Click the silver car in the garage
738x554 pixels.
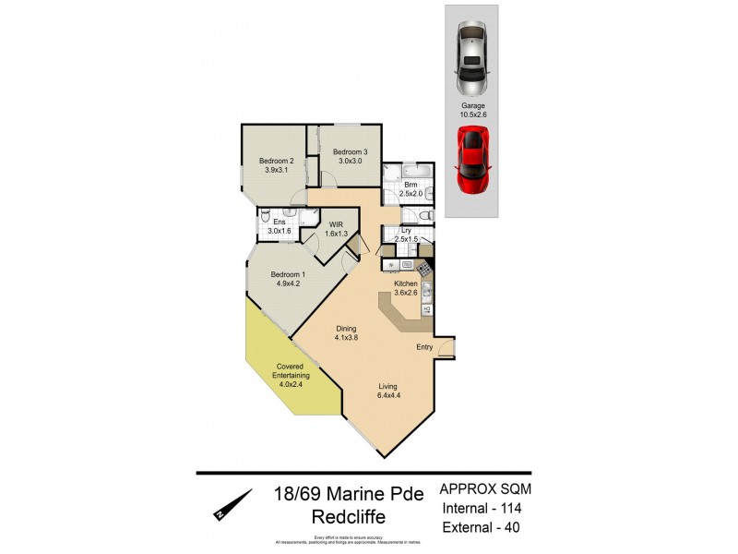[472, 60]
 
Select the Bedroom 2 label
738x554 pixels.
[279, 165]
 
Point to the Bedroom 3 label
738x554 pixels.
[351, 156]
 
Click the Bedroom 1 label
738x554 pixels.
[289, 279]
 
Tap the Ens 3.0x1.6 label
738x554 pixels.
[279, 225]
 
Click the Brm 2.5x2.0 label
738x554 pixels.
[411, 189]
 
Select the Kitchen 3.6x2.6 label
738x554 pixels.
[406, 288]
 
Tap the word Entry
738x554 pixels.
[424, 347]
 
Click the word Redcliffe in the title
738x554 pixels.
[347, 518]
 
